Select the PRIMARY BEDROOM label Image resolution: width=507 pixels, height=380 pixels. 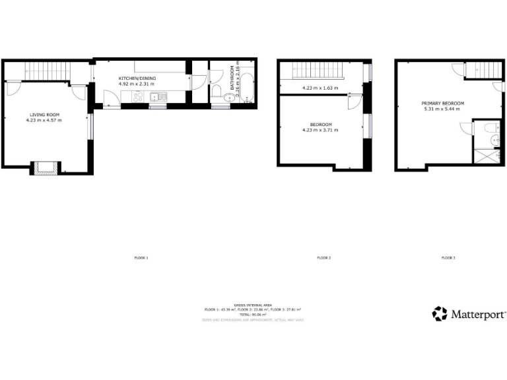pyautogui.click(x=443, y=104)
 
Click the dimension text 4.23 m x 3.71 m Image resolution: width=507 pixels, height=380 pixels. pyautogui.click(x=321, y=130)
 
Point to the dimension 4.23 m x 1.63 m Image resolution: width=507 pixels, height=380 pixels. pyautogui.click(x=320, y=88)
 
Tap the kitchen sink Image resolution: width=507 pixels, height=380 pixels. pyautogui.click(x=158, y=98)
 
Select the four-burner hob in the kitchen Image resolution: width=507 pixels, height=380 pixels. pyautogui.click(x=138, y=98)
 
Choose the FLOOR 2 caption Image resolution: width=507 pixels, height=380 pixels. pyautogui.click(x=323, y=257)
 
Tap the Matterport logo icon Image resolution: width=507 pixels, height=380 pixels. pyautogui.click(x=440, y=313)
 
